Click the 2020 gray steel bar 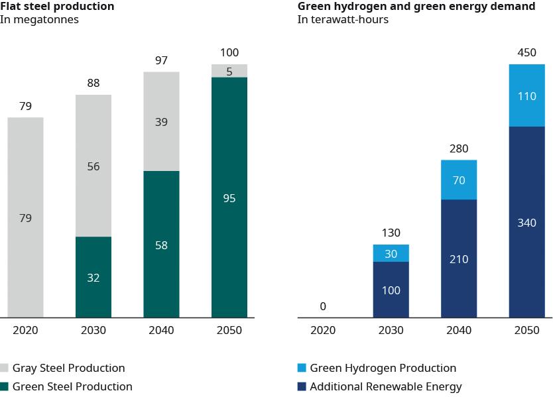(x=25, y=217)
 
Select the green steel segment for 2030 (x=93, y=277)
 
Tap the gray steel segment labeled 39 (x=161, y=121)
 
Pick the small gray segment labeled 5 (x=229, y=71)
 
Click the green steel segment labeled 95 (x=229, y=198)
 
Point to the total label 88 (x=93, y=84)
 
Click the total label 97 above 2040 (x=161, y=60)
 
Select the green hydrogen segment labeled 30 (x=391, y=253)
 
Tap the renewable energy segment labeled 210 (x=459, y=258)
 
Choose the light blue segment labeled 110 (x=526, y=95)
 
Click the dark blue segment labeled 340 (x=526, y=222)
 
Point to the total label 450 (x=526, y=53)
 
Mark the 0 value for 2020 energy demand (x=323, y=306)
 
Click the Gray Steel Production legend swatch (x=5, y=368)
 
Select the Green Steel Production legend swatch (x=5, y=386)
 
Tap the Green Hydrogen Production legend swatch (x=302, y=368)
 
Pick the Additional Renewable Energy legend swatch (x=302, y=386)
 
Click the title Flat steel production (x=57, y=7)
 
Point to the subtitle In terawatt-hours (x=343, y=20)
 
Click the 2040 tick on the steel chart (x=161, y=330)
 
